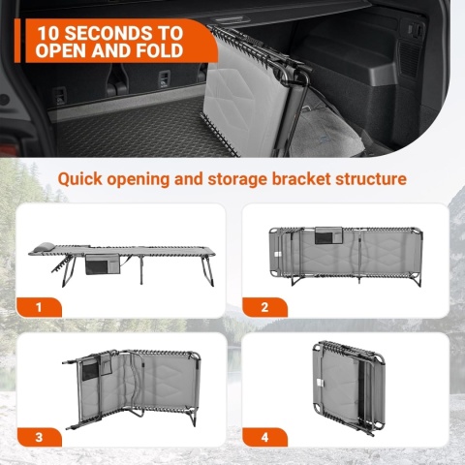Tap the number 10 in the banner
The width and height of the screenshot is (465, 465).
pyautogui.click(x=48, y=33)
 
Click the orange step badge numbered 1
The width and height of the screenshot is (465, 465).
pyautogui.click(x=39, y=307)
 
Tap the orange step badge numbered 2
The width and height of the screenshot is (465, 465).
pyautogui.click(x=264, y=307)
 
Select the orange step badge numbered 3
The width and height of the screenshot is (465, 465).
pyautogui.click(x=39, y=437)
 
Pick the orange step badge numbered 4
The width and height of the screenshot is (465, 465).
pyautogui.click(x=264, y=437)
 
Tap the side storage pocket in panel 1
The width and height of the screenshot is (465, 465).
pyautogui.click(x=103, y=263)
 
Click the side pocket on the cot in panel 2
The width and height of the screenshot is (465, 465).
pyautogui.click(x=328, y=235)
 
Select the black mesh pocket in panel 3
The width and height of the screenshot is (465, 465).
pyautogui.click(x=89, y=370)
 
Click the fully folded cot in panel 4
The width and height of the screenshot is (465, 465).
pyautogui.click(x=349, y=386)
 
